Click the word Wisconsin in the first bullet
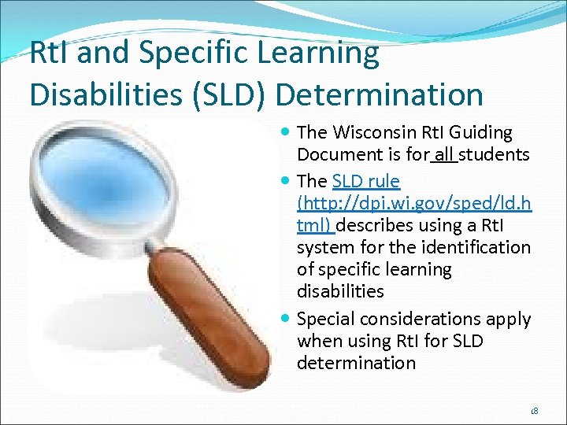tap(369, 133)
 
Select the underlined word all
tap(444, 155)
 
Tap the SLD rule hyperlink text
tap(366, 182)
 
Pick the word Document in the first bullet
tap(334, 155)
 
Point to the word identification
tap(473, 248)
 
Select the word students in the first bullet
tap(494, 155)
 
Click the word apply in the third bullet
tap(510, 320)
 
